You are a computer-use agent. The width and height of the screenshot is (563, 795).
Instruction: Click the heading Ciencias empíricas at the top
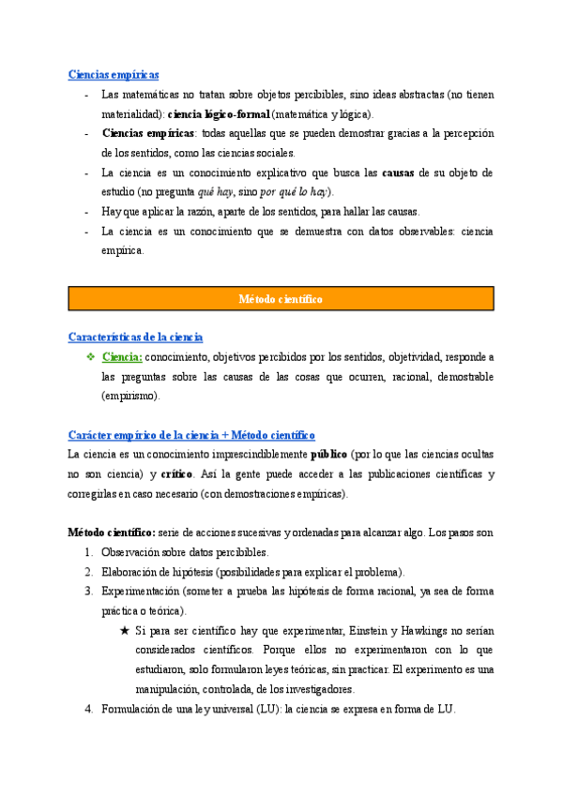[114, 74]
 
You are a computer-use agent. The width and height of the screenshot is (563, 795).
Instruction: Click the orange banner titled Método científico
[281, 299]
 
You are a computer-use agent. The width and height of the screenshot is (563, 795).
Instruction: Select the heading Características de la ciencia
[136, 337]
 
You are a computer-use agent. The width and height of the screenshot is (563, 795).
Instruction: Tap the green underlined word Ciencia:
[122, 357]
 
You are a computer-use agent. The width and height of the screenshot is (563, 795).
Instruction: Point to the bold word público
[328, 455]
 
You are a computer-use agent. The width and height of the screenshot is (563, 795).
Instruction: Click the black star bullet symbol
[125, 631]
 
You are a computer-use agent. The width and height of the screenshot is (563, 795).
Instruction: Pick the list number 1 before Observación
[89, 552]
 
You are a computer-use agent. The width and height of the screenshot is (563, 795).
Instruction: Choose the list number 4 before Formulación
[89, 709]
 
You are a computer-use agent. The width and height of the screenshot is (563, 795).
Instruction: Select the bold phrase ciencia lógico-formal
[218, 113]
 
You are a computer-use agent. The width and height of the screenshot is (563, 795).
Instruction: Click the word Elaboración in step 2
[131, 572]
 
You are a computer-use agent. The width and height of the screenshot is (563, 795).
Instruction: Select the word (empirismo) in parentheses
[131, 396]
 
